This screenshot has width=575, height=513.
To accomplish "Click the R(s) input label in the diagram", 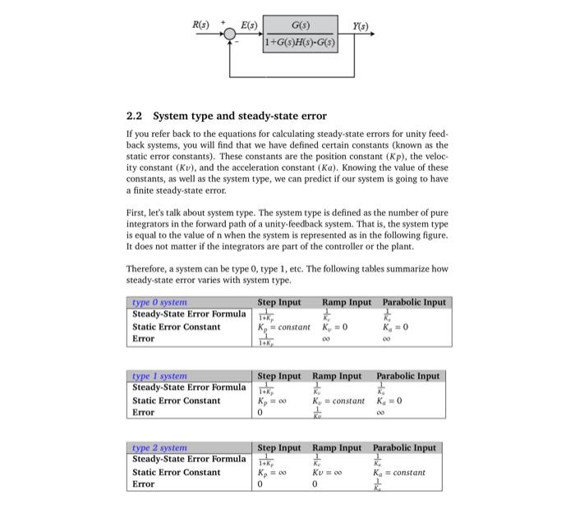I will [200, 24].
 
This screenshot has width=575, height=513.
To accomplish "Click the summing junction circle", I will [229, 35].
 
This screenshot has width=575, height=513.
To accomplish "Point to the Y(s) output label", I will [359, 24].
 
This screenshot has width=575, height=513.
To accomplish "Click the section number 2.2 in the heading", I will [136, 116].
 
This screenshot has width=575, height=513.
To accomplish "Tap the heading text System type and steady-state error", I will [240, 116].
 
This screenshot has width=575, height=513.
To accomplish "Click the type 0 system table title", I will [160, 302].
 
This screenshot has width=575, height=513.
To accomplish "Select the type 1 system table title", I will [160, 376].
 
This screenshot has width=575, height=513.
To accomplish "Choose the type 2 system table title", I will [160, 447].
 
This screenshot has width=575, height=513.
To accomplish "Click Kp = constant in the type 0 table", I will [284, 327].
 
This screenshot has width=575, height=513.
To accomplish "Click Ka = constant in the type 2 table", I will [399, 472].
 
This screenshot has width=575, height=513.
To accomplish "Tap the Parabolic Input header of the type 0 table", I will [415, 302].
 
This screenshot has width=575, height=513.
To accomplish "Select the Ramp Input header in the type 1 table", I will [337, 376].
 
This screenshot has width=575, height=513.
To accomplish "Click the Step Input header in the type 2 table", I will [279, 447].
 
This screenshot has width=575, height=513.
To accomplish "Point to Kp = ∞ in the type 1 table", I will [272, 401].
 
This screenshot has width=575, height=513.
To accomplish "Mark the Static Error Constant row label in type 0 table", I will [177, 327].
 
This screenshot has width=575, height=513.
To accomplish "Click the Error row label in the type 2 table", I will [144, 484].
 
